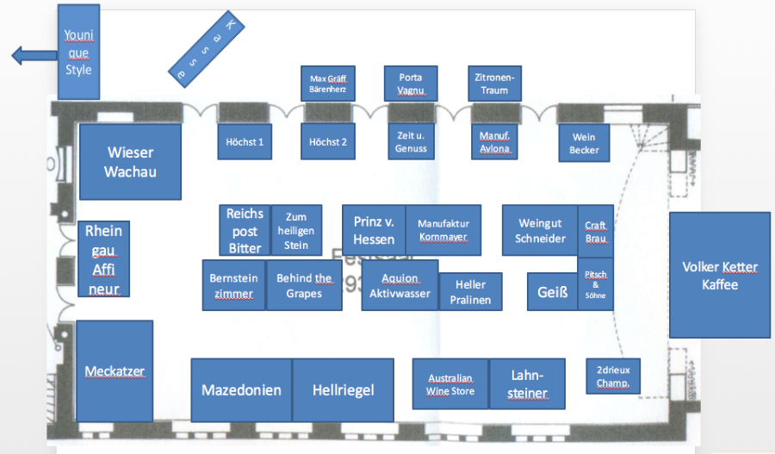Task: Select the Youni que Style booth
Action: tap(78, 51)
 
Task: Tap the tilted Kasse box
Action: tap(207, 49)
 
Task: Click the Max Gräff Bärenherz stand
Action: tap(328, 84)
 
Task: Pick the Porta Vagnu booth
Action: tap(410, 84)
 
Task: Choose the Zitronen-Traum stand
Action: tap(494, 84)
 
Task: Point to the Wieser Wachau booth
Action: tap(130, 162)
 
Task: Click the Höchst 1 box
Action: tap(245, 141)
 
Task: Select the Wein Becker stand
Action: tap(584, 143)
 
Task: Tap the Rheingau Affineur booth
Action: tap(104, 259)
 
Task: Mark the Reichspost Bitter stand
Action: tap(245, 231)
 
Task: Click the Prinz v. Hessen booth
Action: tap(374, 230)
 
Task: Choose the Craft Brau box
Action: tap(596, 232)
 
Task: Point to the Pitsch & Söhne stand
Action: tap(596, 284)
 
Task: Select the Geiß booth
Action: tap(552, 292)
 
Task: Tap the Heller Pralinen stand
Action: tap(470, 292)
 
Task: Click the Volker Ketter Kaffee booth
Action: tap(719, 275)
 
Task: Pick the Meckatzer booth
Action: tap(115, 371)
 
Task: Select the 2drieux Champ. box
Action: tap(613, 376)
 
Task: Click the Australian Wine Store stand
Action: tap(450, 384)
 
